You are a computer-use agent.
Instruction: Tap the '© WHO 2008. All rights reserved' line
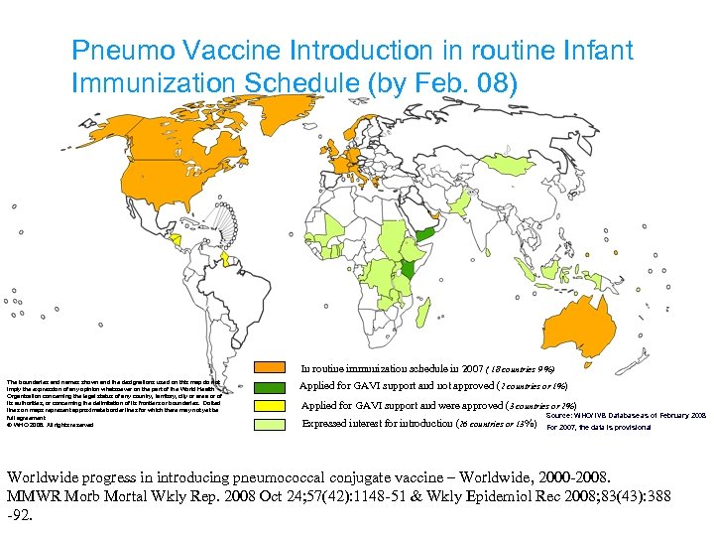tap(50, 425)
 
